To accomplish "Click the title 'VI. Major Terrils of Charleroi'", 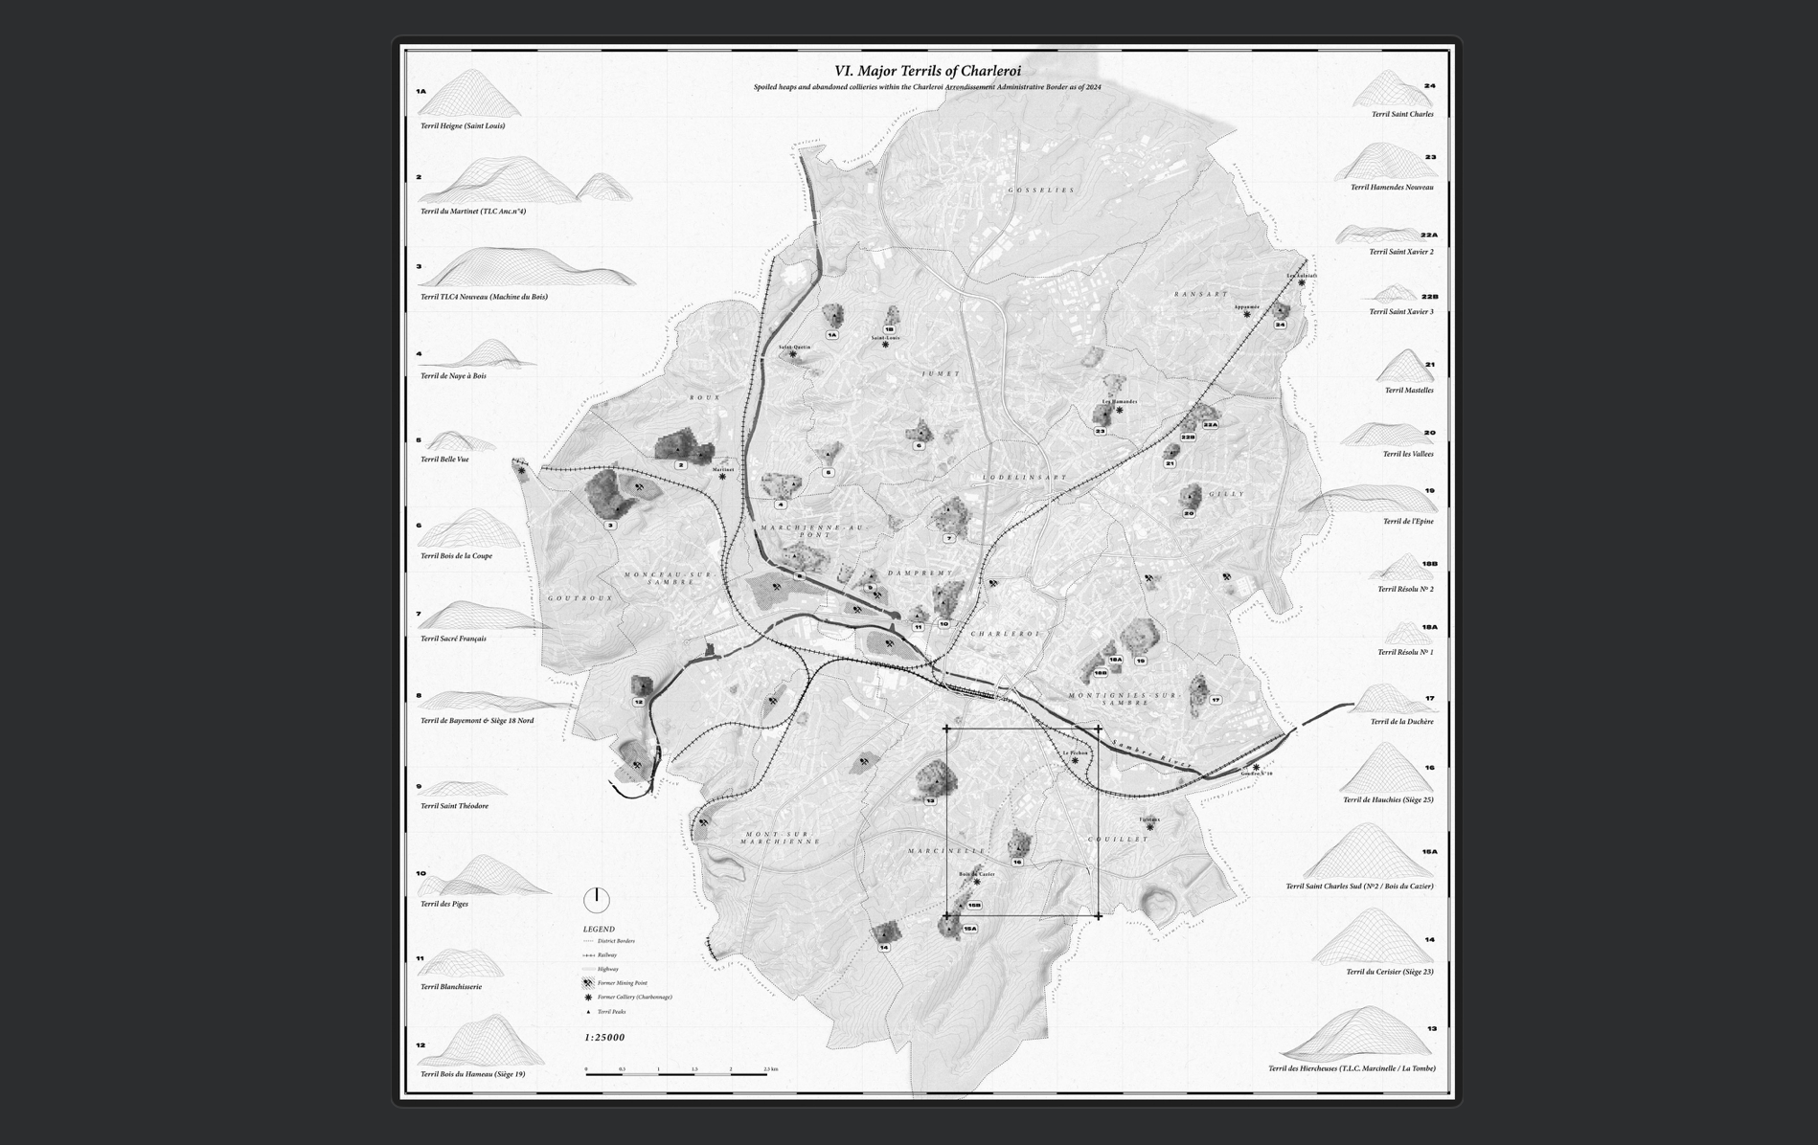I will [927, 71].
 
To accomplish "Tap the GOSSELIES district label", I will [1041, 191].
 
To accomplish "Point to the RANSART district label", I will [1200, 295].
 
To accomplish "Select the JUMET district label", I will [940, 374].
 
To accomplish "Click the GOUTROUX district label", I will [579, 598].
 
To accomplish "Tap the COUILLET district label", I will [1117, 840].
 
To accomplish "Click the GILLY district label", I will [1226, 495].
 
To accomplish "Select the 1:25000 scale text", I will [604, 1038].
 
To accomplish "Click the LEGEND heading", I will [599, 930].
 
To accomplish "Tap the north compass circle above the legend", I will [596, 900].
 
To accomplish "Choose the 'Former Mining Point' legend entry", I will [622, 983].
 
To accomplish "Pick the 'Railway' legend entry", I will [607, 955].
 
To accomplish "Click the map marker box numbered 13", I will [929, 800].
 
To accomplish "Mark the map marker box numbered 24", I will [1280, 325].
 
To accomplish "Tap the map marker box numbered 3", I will [610, 525].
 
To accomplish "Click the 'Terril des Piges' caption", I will [444, 904].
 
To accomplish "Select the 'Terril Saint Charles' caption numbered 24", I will [1402, 115].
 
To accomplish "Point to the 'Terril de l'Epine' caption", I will [1408, 522].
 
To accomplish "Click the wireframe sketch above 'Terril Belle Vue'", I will [459, 441].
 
